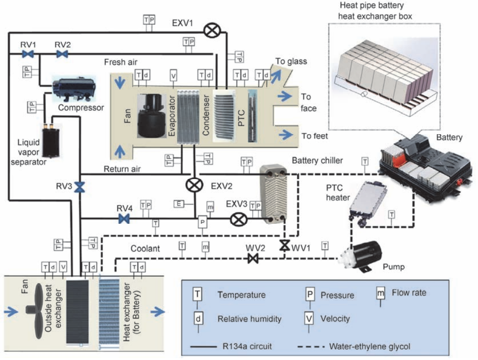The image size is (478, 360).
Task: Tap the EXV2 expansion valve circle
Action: [x=193, y=184]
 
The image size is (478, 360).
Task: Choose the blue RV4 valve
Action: [x=124, y=219]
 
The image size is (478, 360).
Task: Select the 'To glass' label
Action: [x=291, y=61]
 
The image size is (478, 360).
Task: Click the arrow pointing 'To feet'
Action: [x=287, y=135]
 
